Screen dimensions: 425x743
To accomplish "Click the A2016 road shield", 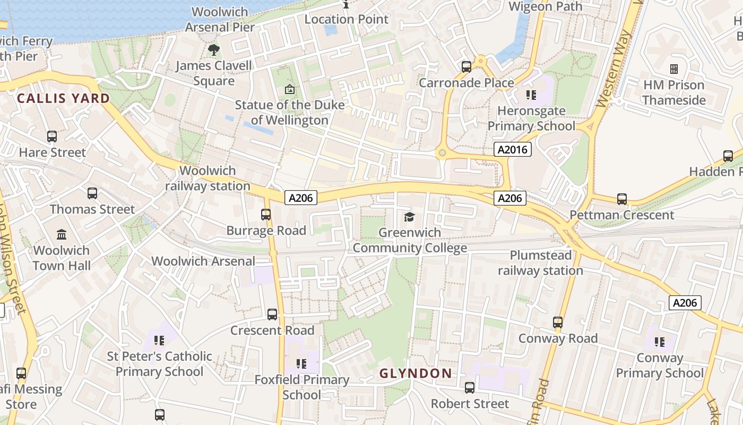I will pos(512,149).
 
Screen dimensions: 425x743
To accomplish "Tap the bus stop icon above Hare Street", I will pos(52,137).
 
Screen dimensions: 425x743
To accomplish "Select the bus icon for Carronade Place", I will pos(466,67).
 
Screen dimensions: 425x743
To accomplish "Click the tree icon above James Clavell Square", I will pos(214,50).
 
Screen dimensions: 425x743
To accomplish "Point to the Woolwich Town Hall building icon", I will pos(62,234).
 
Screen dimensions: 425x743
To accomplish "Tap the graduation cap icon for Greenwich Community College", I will pos(409,217).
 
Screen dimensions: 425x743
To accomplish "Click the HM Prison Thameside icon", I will pos(674,69).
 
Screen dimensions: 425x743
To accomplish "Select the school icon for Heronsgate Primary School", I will pos(531,95).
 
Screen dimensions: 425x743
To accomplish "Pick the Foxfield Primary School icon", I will pos(301,364).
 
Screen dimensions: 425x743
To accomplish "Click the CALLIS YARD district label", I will pos(63,98).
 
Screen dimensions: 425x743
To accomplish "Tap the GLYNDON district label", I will pos(416,373).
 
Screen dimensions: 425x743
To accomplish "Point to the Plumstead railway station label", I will pos(540,263).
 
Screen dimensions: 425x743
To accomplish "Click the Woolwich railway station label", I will pos(208,178).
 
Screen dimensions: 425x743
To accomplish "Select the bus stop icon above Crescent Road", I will pos(272,314).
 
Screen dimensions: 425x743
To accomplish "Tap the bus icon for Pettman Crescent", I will pos(622,199).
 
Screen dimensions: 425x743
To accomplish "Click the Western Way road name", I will pos(615,69).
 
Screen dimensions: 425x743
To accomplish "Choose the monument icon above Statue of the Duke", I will pos(289,89).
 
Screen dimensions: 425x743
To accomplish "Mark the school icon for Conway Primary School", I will pos(660,342).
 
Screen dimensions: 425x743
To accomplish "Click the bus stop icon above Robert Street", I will pos(470,388).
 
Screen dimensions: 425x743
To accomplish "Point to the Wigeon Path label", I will pos(545,6).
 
